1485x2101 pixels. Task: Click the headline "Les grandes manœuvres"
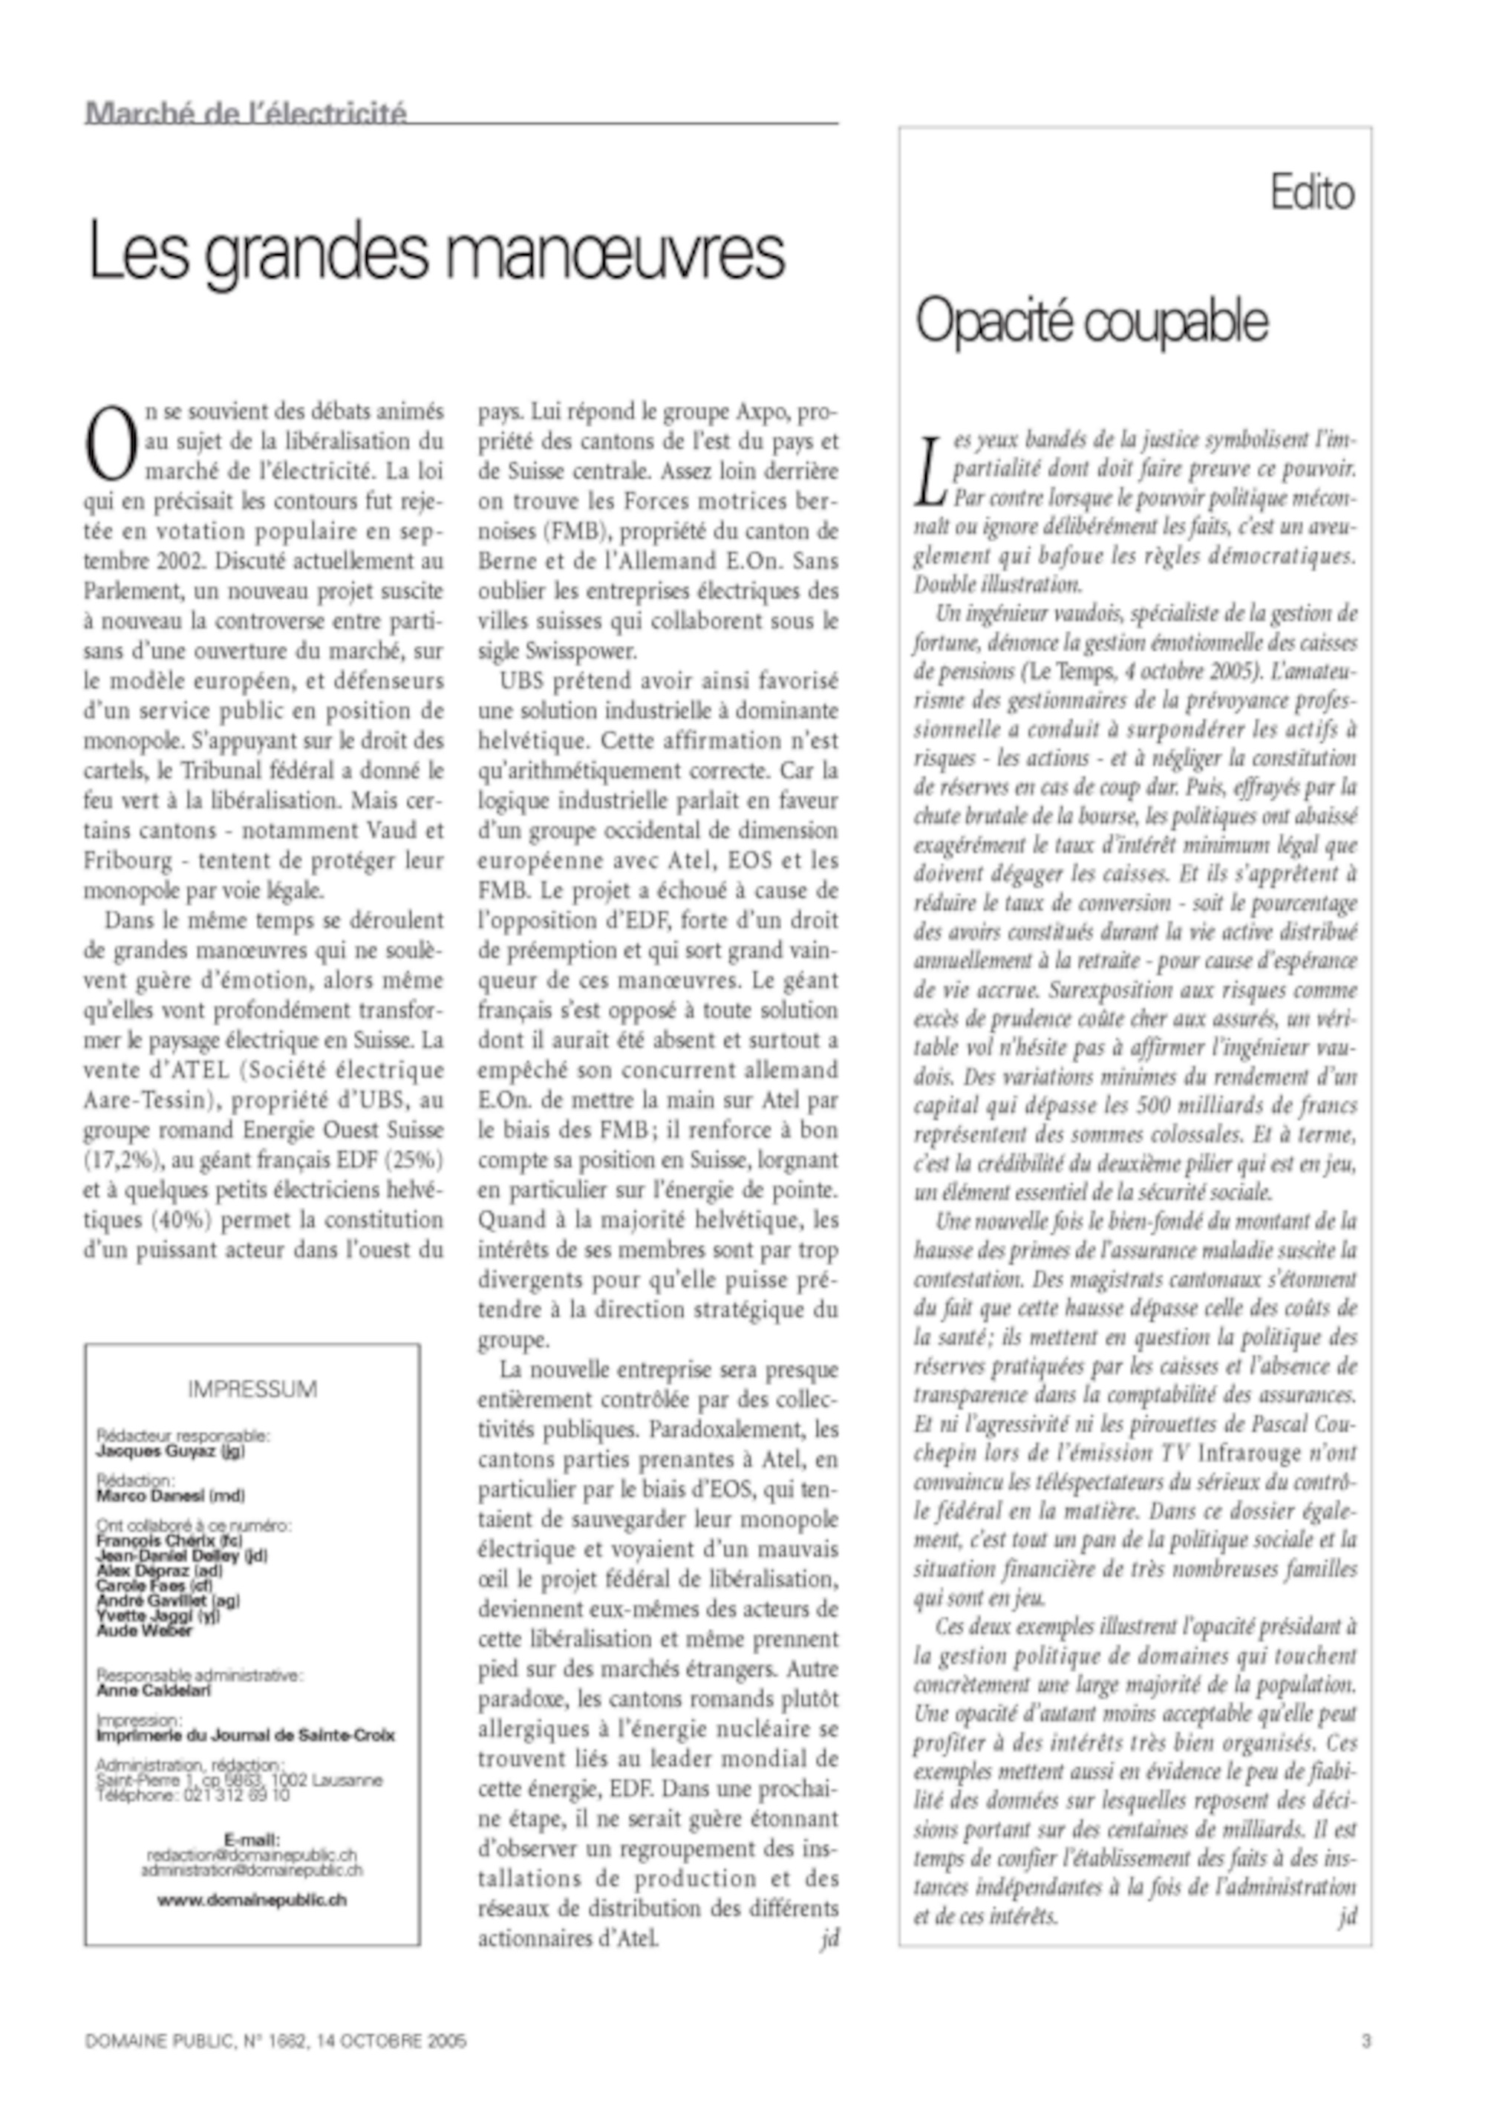pos(436,252)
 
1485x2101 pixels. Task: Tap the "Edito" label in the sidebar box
pos(1311,193)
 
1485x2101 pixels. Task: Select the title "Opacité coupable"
pos(1091,321)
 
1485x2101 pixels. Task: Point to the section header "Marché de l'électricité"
pos(246,113)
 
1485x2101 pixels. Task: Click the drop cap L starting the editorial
pos(930,472)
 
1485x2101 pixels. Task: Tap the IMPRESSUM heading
pos(252,1389)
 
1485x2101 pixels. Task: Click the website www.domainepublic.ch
pos(252,1900)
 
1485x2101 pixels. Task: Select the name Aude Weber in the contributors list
pos(145,1630)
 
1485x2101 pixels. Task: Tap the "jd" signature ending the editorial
pos(1346,1916)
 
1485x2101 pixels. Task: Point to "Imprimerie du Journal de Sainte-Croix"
pos(245,1735)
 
